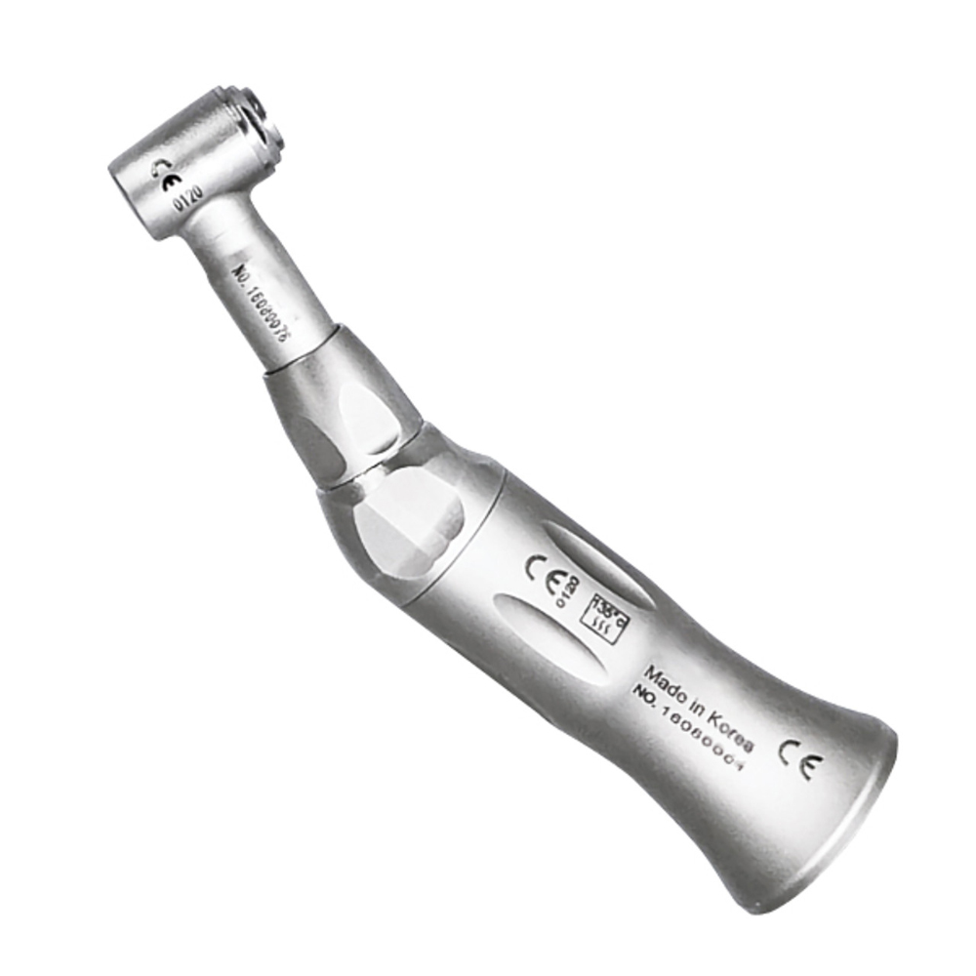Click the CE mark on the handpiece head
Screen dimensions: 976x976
167,177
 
